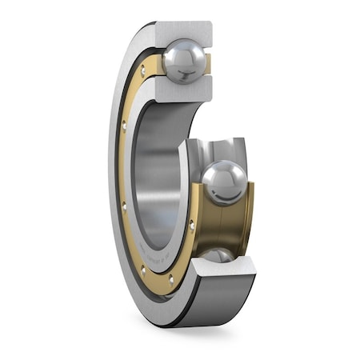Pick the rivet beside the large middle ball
(192, 226)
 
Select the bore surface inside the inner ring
(160, 176)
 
